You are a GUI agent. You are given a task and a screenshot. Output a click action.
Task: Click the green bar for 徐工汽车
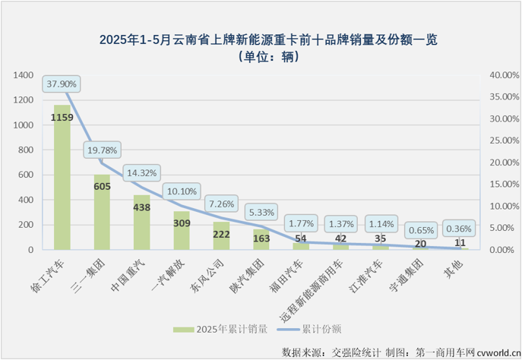(x=62, y=178)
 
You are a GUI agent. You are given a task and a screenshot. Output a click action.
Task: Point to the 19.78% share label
(x=102, y=151)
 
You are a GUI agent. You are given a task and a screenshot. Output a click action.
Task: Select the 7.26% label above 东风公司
(x=223, y=204)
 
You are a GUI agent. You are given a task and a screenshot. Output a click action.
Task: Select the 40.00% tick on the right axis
(x=502, y=75)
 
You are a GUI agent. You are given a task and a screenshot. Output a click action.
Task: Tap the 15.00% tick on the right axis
(x=502, y=185)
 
